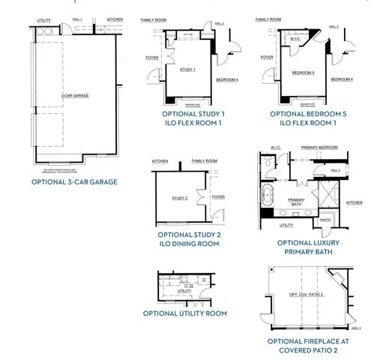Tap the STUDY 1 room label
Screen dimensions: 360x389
(187, 70)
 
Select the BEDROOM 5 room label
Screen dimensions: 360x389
(302, 73)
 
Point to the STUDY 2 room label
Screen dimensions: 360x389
(180, 198)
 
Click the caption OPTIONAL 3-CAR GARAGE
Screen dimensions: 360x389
(74, 182)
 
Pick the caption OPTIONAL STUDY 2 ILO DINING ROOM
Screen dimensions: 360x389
(189, 239)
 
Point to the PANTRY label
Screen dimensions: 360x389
(325, 220)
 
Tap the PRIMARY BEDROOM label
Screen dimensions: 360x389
(319, 148)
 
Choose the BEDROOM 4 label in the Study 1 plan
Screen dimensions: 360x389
(226, 79)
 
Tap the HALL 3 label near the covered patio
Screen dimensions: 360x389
(355, 328)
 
